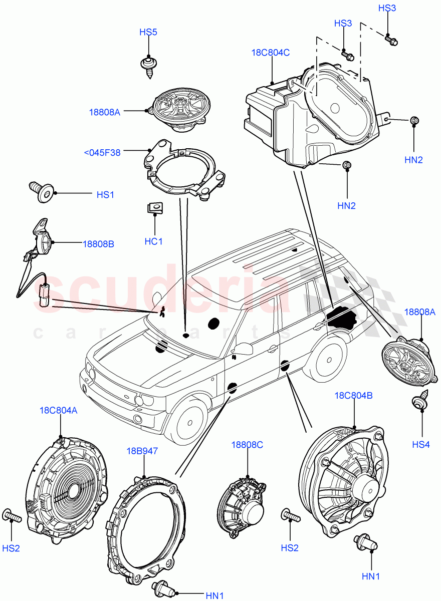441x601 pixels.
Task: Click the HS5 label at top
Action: pos(148,33)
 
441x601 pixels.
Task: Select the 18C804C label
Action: pos(271,52)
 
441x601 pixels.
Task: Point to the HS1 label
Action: pos(105,194)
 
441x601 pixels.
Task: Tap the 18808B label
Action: pos(98,244)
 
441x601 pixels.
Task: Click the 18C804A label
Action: pos(58,410)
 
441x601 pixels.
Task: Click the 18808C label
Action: pos(247,444)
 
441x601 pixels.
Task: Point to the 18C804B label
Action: pos(353,395)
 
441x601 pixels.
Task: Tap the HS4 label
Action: pos(421,444)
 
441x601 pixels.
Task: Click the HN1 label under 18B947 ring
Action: pos(214,595)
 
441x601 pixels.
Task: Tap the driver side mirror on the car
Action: pos(244,349)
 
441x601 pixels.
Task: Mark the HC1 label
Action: pos(154,241)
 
